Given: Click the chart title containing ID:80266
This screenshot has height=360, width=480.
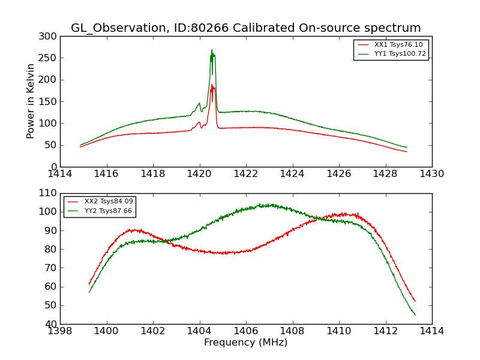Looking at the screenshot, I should (246, 28).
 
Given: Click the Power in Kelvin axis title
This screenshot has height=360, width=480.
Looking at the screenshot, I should (31, 101).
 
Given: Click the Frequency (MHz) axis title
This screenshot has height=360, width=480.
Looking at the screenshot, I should (246, 343).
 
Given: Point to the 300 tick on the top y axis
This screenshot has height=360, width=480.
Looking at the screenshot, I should (50, 36).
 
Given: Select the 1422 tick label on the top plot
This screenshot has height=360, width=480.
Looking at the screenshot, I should (246, 174).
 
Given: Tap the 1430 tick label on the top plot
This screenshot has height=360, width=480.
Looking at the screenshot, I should (431, 174).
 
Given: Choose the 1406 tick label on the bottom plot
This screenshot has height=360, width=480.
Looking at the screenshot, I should (246, 331).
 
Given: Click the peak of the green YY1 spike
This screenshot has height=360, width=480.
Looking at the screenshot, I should (212, 50).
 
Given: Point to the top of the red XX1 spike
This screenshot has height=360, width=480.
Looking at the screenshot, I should (212, 85).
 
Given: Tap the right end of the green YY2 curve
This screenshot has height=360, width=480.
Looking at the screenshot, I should (415, 315).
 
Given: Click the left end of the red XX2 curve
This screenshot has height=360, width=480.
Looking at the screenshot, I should (89, 284).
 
